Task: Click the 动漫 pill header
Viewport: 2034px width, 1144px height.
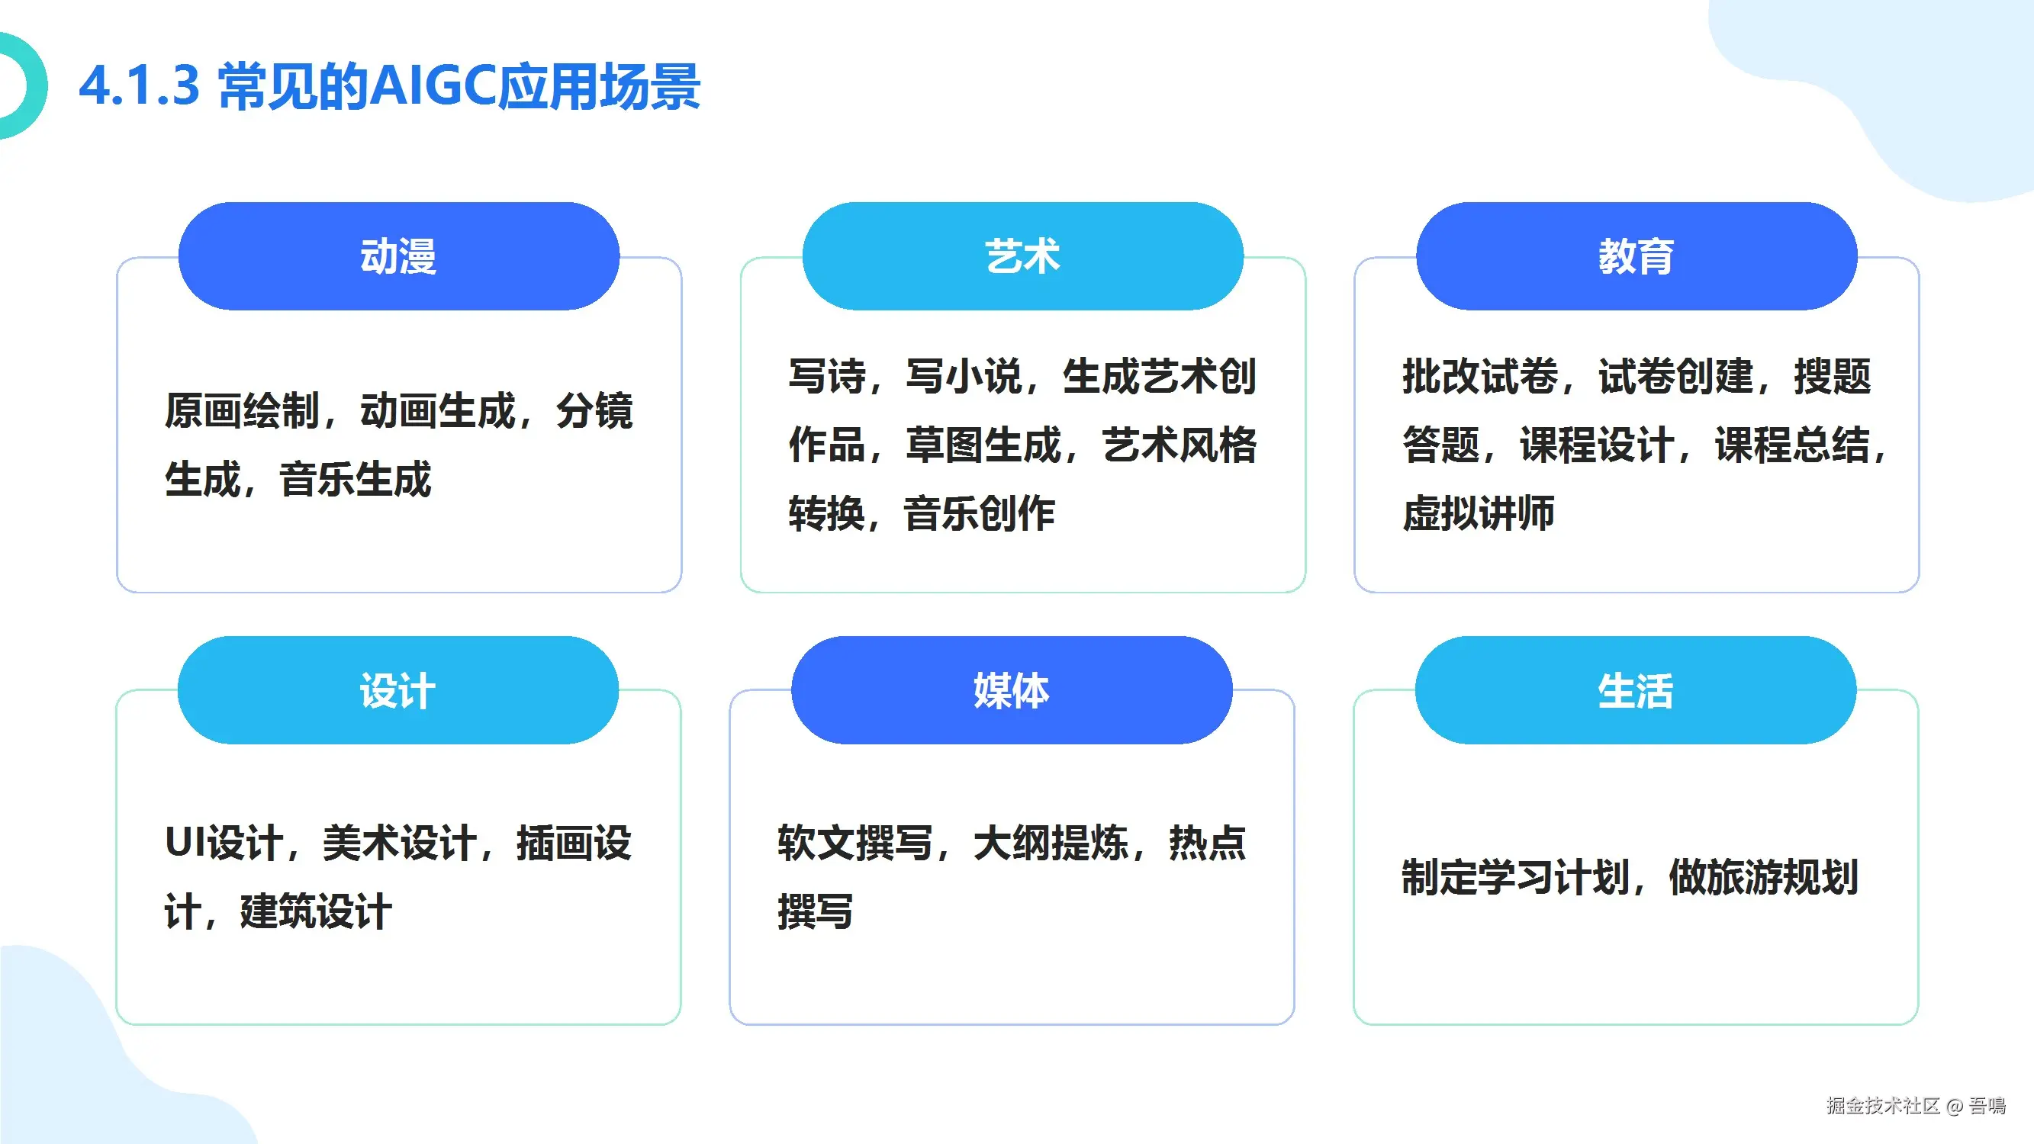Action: pos(399,255)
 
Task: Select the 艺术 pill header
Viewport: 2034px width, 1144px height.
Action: pos(1022,255)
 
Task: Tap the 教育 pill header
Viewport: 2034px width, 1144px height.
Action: pos(1637,255)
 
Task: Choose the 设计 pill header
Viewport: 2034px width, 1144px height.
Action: pos(398,690)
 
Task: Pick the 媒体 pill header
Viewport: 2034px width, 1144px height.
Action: pos(1012,690)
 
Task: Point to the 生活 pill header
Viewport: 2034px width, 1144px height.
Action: pos(1635,690)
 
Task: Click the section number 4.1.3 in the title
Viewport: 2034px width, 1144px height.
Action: pos(139,85)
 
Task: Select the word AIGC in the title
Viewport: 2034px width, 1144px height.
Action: pos(433,85)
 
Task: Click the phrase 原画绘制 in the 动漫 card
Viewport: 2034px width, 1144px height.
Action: pos(242,410)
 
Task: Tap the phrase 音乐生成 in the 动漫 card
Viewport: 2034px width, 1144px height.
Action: pos(356,479)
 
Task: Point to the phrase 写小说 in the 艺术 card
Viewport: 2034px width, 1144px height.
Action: pos(964,376)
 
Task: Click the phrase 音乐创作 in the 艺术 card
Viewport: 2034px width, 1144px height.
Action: pos(979,513)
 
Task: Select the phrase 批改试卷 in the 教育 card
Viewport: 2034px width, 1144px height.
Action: pos(1479,376)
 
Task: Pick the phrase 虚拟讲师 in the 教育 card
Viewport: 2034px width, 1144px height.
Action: pos(1478,513)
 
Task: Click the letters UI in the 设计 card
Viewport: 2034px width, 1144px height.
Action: pos(184,843)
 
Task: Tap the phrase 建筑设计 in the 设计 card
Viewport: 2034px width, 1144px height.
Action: pos(316,911)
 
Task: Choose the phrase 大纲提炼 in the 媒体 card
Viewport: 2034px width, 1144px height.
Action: pos(1051,843)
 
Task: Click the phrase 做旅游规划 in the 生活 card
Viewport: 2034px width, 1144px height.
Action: pos(1763,877)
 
